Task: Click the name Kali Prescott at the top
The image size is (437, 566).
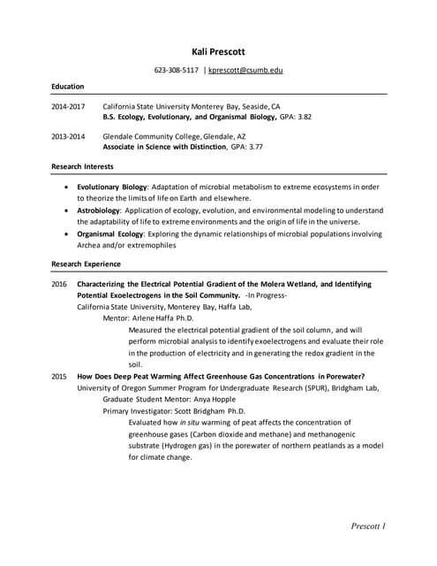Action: (218, 51)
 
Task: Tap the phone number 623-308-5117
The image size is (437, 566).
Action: (177, 70)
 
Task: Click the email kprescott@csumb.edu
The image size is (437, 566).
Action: (245, 70)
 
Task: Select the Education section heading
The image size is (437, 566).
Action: (67, 87)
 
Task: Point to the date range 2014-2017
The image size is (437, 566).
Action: (68, 104)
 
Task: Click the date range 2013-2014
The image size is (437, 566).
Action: (68, 137)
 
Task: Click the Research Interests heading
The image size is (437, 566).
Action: (82, 166)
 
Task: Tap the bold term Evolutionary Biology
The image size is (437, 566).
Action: (111, 187)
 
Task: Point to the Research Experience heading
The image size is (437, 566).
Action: (87, 264)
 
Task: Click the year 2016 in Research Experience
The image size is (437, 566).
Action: (59, 284)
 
